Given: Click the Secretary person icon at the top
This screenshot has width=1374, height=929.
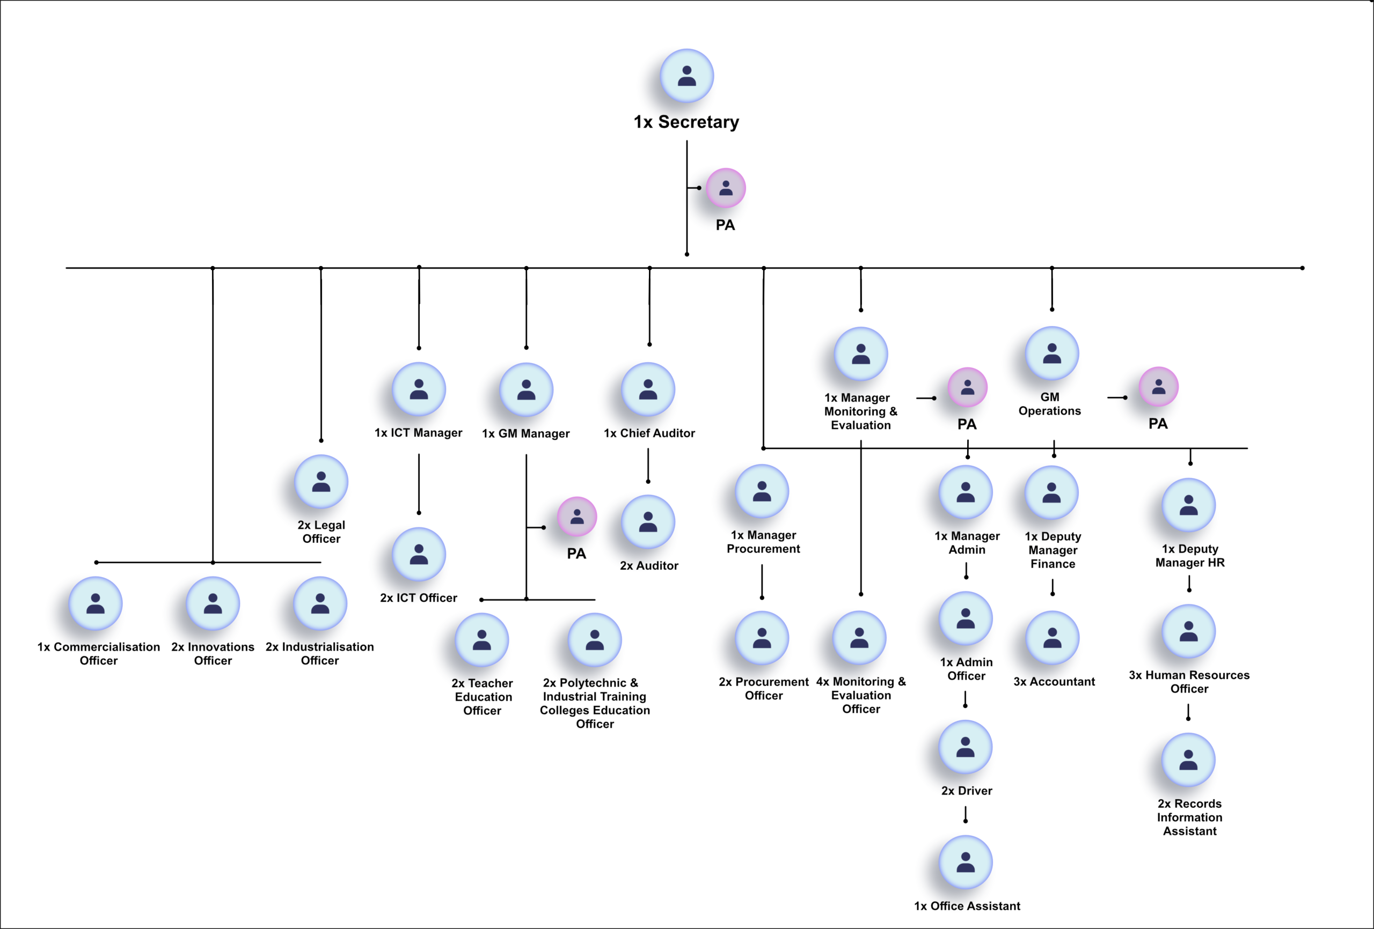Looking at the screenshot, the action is (686, 76).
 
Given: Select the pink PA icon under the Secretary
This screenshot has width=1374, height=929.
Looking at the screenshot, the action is (726, 188).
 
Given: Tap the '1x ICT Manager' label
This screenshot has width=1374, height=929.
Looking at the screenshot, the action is (418, 433).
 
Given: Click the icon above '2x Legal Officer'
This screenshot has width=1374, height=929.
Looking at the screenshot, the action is (321, 482).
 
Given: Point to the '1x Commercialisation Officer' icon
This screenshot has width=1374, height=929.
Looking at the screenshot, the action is (95, 603).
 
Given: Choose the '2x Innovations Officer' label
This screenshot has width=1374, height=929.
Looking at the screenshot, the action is (213, 654).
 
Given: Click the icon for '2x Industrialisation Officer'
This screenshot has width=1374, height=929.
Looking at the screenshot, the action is (320, 603).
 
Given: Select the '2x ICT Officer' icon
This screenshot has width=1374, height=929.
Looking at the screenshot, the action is (419, 554).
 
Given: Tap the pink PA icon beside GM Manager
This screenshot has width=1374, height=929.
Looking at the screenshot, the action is (576, 517).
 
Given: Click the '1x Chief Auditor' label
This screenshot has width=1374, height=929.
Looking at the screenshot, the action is (649, 433).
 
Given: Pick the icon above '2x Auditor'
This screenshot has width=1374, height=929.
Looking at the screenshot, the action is (648, 522).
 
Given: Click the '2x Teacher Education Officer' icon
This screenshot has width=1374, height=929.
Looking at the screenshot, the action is (482, 640).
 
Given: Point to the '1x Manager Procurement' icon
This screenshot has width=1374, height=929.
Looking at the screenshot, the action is (762, 491).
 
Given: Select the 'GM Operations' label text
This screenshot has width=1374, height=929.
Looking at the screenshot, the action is (1049, 404).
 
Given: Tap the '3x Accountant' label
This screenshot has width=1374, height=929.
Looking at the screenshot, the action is (1054, 681).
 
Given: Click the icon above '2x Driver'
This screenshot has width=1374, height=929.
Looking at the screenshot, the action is (966, 747).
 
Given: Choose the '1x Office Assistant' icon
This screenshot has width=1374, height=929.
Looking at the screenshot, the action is (966, 862).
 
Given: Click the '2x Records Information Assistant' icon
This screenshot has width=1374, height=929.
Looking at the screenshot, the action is (1188, 760).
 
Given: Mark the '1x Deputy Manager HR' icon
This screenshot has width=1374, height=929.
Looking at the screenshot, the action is (1188, 505).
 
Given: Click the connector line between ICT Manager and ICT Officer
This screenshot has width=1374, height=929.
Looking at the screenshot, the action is (419, 484).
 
